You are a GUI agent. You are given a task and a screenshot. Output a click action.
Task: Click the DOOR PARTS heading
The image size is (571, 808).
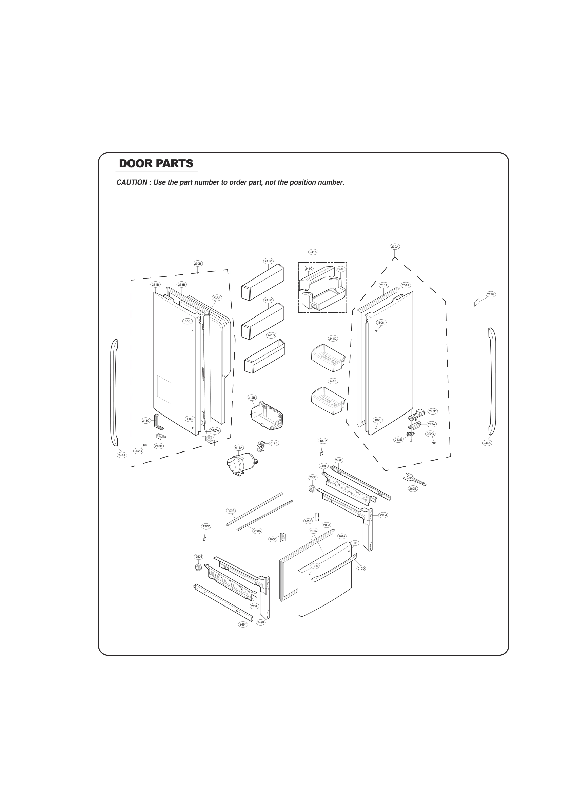[156, 163]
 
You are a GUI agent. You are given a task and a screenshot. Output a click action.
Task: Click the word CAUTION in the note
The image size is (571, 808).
[132, 182]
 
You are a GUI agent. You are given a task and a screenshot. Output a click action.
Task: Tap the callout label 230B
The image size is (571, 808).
[197, 264]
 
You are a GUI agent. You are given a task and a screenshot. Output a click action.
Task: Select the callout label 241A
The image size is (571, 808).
[313, 252]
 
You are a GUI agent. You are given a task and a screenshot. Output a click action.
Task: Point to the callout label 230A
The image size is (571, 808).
[394, 247]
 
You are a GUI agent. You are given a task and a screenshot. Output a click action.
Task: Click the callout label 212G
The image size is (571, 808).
[490, 294]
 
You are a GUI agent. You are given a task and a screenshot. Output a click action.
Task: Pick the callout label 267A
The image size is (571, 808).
[215, 431]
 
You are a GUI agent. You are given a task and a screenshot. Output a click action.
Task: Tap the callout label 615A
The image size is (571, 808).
[238, 448]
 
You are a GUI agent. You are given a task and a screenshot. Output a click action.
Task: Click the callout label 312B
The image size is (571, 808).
[251, 397]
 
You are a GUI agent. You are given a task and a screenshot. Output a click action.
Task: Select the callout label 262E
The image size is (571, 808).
[413, 488]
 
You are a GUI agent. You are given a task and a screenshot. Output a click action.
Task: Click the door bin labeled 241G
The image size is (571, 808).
[264, 356]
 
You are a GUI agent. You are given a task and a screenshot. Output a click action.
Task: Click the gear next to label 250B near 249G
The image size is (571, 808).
[311, 488]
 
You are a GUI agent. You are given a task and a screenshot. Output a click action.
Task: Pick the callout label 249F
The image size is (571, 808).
[243, 624]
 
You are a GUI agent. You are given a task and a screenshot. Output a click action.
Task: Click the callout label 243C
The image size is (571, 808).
[146, 421]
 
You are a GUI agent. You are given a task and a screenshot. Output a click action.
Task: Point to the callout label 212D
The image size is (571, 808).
[361, 568]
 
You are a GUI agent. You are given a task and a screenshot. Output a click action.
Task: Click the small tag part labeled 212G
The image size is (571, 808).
[477, 302]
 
